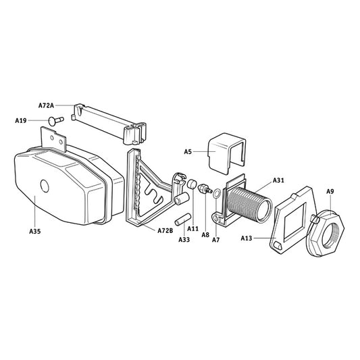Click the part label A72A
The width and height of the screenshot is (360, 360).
tap(47, 105)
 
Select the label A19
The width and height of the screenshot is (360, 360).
tap(21, 120)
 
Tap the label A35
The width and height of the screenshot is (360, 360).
tap(35, 231)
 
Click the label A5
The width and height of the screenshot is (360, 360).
tap(188, 151)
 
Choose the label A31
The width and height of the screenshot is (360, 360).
tap(279, 180)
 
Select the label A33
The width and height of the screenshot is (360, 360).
tap(183, 240)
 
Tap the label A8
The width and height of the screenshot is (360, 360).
tap(205, 235)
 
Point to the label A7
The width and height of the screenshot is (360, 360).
tap(216, 240)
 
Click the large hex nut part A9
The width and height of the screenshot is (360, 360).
tap(328, 232)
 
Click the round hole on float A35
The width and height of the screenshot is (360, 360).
tap(45, 186)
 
